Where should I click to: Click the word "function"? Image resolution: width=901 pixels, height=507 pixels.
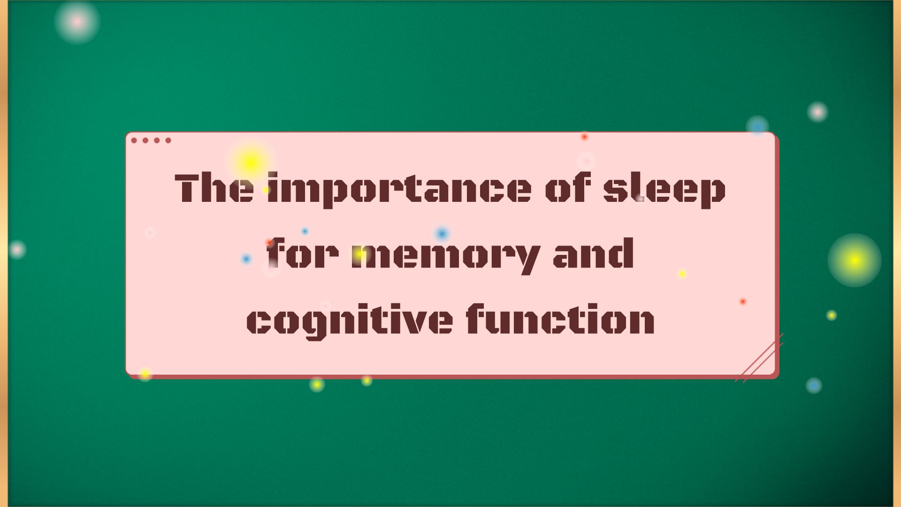tap(561, 319)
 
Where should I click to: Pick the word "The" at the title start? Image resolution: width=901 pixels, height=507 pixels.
tap(214, 189)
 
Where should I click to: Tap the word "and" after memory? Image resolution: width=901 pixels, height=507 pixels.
tap(594, 254)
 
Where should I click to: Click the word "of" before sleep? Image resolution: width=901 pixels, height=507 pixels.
tap(568, 189)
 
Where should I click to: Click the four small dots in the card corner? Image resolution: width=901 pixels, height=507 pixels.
tap(151, 140)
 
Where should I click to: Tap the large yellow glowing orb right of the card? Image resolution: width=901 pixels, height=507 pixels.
tap(854, 260)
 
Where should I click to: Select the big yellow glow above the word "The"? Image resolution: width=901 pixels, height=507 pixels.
tap(250, 163)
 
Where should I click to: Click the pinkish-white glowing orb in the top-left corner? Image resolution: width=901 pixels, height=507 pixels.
tap(77, 21)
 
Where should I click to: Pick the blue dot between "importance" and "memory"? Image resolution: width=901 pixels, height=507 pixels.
tap(442, 233)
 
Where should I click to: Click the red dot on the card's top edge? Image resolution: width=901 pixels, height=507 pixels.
tap(584, 137)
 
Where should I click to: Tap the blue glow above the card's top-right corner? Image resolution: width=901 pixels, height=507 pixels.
tap(757, 126)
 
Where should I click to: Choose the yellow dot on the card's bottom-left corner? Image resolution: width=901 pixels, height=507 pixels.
tap(145, 374)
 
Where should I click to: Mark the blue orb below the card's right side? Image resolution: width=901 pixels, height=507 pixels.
tap(814, 385)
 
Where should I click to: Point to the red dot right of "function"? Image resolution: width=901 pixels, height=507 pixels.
tap(743, 301)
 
